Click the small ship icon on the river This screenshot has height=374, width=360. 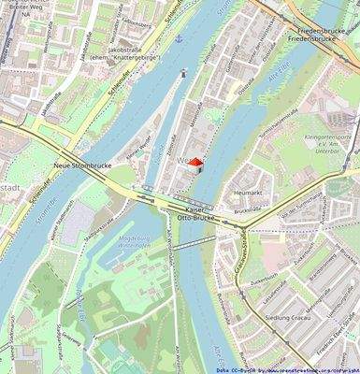(184, 72)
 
